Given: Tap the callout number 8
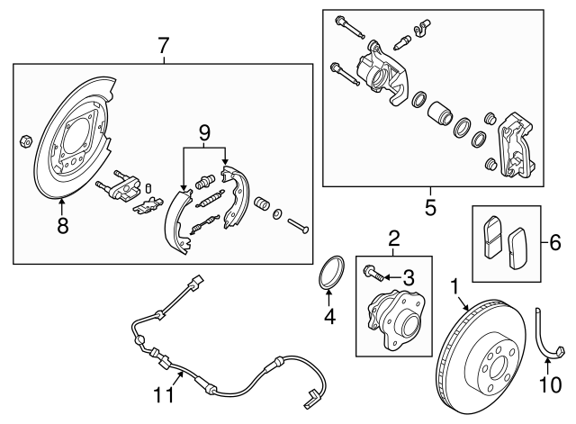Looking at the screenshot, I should pyautogui.click(x=63, y=227).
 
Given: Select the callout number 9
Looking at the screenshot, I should pyautogui.click(x=204, y=133).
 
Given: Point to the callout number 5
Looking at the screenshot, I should pyautogui.click(x=430, y=208).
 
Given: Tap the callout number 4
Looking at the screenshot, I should pyautogui.click(x=329, y=316).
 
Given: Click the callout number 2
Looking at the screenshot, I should pyautogui.click(x=393, y=239).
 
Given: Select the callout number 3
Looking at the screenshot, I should pyautogui.click(x=408, y=275).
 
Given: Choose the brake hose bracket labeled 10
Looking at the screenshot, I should pyautogui.click(x=548, y=332).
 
